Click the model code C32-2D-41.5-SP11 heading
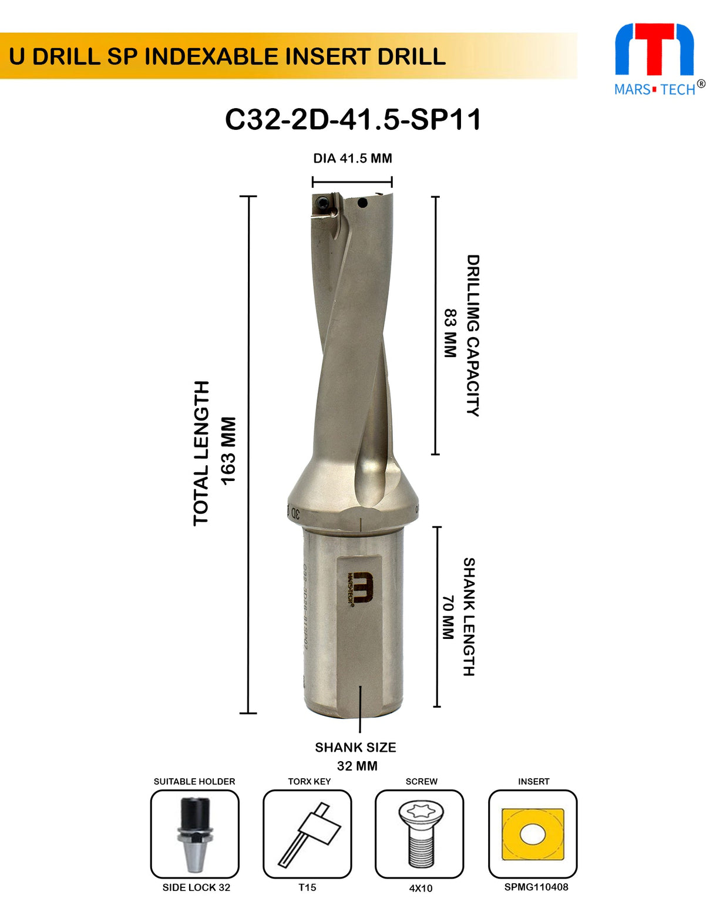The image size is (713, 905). [353, 120]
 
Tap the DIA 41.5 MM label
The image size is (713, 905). [352, 158]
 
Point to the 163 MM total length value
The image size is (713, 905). [228, 450]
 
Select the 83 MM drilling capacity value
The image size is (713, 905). [450, 334]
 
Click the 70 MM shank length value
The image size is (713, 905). [448, 617]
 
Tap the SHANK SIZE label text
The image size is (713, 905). [355, 747]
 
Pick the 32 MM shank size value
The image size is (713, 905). [357, 766]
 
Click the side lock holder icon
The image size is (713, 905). [195, 833]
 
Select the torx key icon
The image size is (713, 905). [307, 833]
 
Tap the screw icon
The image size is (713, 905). [419, 833]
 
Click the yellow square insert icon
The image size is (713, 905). [533, 834]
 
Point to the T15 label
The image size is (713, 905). [307, 887]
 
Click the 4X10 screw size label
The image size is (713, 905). [421, 888]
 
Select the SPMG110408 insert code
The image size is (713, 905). [536, 887]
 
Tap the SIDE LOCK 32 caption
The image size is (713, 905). [196, 887]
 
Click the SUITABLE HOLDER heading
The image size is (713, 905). [194, 781]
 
